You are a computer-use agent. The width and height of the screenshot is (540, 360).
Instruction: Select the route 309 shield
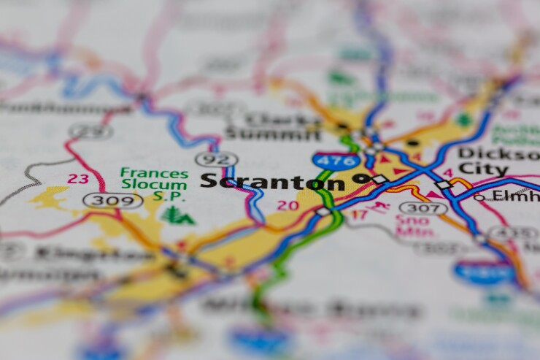pos(112,200)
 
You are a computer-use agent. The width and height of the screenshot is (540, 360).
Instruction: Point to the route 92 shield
pos(216,158)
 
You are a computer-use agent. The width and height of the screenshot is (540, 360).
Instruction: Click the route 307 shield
pos(423,208)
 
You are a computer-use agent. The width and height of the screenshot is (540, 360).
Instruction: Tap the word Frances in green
pos(154,173)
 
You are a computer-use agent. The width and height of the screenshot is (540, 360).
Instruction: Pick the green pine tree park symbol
pos(173,215)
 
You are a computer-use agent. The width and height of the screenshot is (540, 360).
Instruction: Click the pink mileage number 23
pos(78,178)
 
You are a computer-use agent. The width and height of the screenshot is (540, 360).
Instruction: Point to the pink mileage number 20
pos(288,205)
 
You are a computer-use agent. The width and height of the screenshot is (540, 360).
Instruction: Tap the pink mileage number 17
pos(359,215)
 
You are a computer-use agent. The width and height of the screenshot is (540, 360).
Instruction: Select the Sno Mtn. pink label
pos(412,225)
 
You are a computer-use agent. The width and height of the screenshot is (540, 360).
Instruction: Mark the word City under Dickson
pos(483,170)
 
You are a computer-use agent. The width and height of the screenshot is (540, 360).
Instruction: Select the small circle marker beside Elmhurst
pos(479,196)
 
